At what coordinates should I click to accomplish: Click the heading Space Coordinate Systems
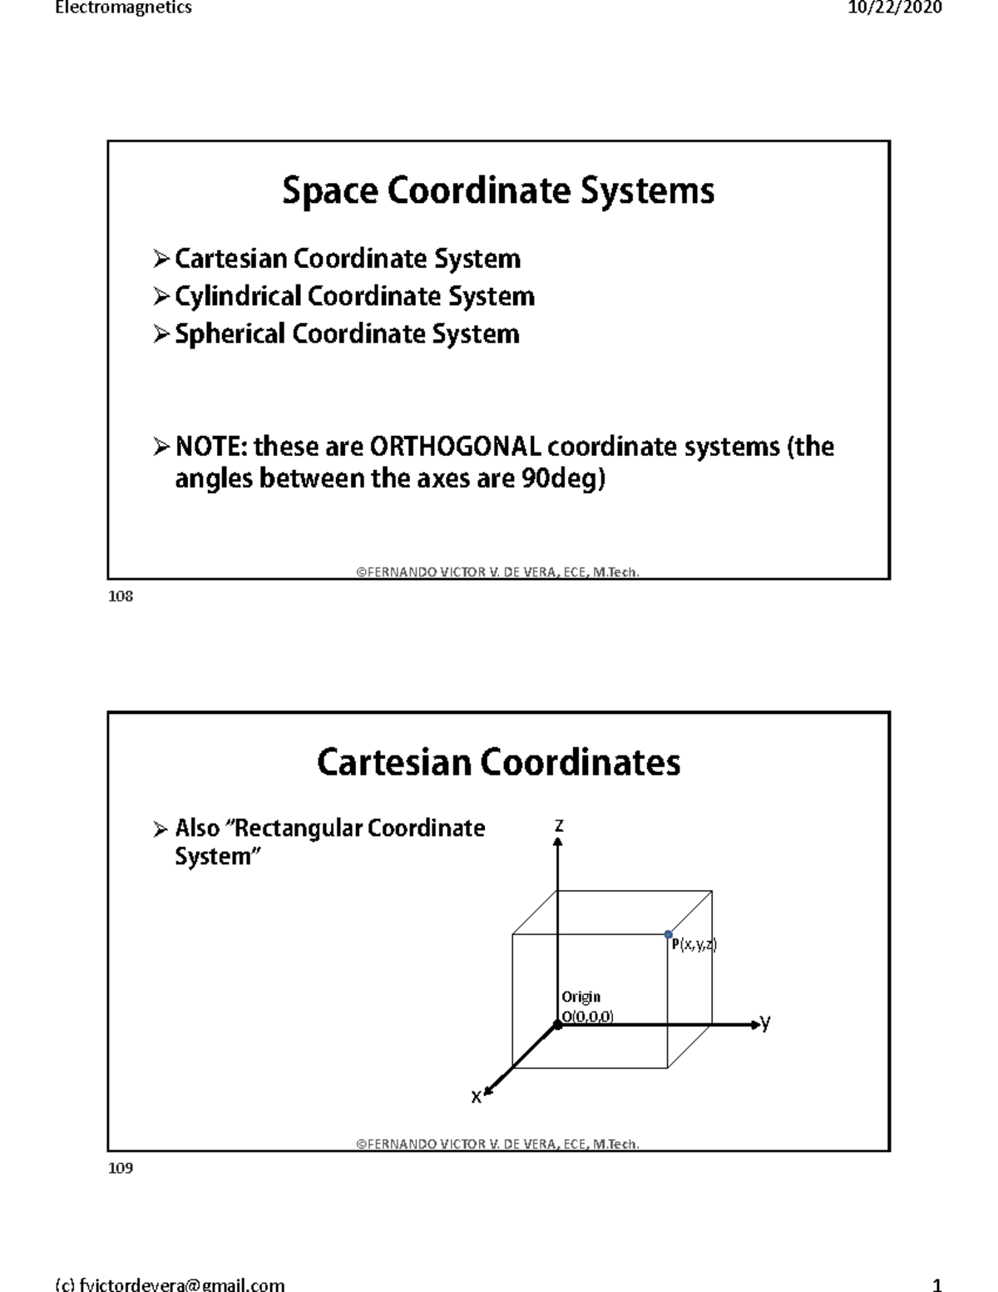[x=498, y=191]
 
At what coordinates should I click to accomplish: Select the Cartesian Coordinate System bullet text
[x=347, y=259]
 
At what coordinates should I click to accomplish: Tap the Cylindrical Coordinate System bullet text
[x=354, y=296]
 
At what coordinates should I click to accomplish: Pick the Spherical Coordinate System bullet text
[x=347, y=334]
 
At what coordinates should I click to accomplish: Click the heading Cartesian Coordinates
[x=498, y=762]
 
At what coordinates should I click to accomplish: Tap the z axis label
[x=559, y=825]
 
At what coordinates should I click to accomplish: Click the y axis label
[x=765, y=1022]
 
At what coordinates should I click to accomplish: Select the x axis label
[x=476, y=1096]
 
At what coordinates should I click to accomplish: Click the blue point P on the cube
[x=669, y=935]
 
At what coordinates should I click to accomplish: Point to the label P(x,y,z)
[x=694, y=944]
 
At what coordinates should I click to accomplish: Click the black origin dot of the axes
[x=558, y=1025]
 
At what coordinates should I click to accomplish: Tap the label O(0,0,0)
[x=587, y=1016]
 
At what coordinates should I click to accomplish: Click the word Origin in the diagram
[x=581, y=997]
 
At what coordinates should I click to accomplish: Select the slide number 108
[x=121, y=596]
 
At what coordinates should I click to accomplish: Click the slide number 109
[x=121, y=1168]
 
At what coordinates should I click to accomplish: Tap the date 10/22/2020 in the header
[x=895, y=7]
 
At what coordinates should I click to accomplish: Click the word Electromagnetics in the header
[x=123, y=7]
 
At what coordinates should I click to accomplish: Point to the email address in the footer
[x=170, y=1285]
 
